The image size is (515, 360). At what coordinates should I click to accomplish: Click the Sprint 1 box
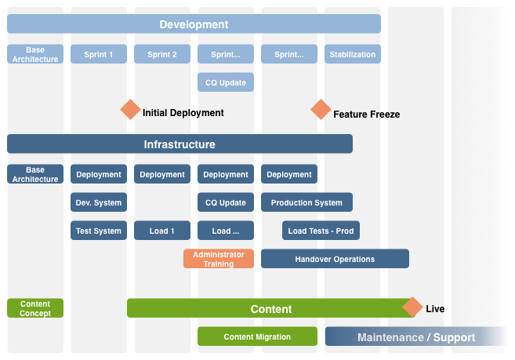(x=99, y=54)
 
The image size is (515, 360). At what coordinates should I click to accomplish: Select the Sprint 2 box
(x=162, y=54)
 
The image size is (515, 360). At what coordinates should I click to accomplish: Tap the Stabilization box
(x=353, y=54)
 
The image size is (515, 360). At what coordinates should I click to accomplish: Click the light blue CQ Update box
(x=226, y=82)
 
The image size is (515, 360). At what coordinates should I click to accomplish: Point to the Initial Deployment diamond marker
(x=130, y=110)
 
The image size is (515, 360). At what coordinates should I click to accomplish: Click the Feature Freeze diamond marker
(x=321, y=110)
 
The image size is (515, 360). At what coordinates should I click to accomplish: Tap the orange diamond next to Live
(x=412, y=307)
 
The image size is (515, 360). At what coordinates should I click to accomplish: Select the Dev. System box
(x=99, y=202)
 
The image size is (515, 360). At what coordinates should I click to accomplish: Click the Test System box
(x=99, y=231)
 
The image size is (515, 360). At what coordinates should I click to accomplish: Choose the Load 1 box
(x=162, y=231)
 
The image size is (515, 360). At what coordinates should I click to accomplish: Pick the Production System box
(x=306, y=202)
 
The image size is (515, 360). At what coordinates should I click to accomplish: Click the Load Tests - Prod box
(x=321, y=231)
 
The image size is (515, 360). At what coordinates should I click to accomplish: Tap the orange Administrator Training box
(x=219, y=259)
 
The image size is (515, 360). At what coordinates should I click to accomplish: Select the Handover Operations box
(x=335, y=259)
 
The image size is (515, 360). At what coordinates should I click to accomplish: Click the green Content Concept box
(x=35, y=308)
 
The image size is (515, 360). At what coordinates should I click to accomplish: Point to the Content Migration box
(x=257, y=336)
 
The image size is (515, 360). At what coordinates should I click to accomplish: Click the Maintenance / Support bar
(x=415, y=337)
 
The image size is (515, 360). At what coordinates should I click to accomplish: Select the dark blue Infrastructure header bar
(x=180, y=144)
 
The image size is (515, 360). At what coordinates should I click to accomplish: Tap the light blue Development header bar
(x=194, y=24)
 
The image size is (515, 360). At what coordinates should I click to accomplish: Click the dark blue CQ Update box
(x=226, y=202)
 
